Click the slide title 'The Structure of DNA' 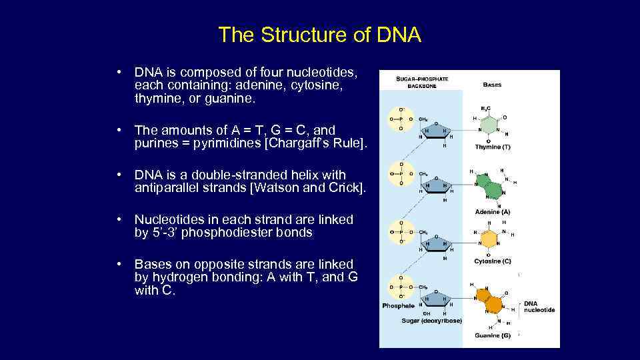pyautogui.click(x=319, y=35)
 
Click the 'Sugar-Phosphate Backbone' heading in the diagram pyautogui.click(x=422, y=82)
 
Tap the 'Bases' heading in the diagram pyautogui.click(x=492, y=85)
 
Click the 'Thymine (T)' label pyautogui.click(x=493, y=146)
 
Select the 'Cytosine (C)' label pyautogui.click(x=493, y=261)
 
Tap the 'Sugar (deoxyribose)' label pyautogui.click(x=431, y=321)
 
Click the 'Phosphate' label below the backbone pyautogui.click(x=398, y=306)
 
